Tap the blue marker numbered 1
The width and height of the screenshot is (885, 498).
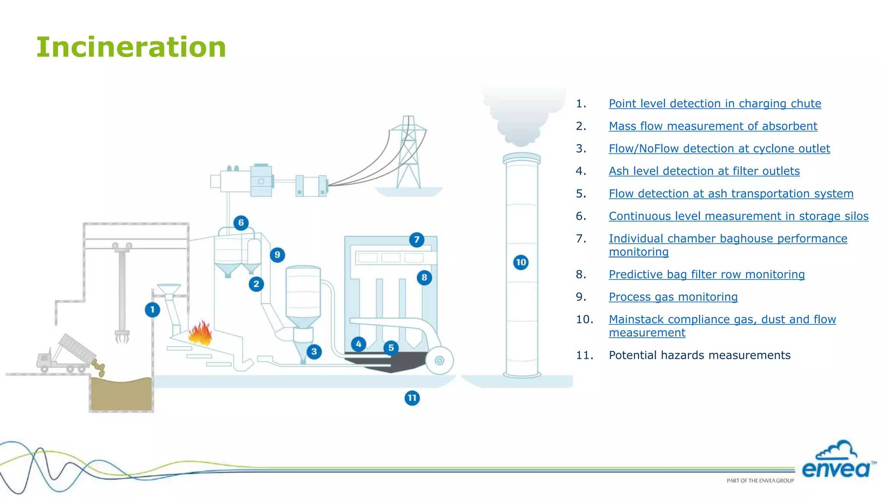[152, 310]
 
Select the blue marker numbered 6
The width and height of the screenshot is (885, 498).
[241, 223]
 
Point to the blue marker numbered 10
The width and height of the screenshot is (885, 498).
[521, 262]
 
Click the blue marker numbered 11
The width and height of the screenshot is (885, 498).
[412, 398]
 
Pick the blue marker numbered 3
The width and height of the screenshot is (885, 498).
[314, 351]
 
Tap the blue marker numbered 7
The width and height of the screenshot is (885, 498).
[417, 239]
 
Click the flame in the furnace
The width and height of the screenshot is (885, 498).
[200, 333]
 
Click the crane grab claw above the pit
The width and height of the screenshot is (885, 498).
[122, 336]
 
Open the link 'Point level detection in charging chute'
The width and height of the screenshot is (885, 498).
[715, 104]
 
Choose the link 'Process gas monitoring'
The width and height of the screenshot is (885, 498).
[673, 297]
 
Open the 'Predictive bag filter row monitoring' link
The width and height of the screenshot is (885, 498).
[707, 275]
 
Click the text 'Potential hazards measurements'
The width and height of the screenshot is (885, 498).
[699, 355]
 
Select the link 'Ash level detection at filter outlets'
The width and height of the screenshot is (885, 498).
[704, 171]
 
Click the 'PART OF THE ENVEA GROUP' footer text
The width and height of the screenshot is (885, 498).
[760, 481]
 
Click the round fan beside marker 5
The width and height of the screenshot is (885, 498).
[439, 361]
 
